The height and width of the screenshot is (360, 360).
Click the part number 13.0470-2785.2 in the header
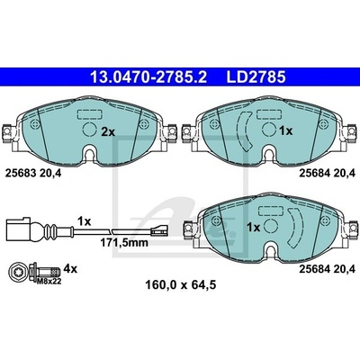pos(148,77)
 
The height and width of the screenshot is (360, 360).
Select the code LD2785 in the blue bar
pos(256,77)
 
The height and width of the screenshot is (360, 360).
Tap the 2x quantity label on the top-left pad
pos(108,131)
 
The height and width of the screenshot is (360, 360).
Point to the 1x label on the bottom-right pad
pos(253,228)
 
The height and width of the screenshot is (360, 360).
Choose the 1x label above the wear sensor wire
pos(84,221)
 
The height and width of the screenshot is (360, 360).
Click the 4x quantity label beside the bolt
pos(71,269)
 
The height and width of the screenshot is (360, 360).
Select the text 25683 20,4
pos(33,173)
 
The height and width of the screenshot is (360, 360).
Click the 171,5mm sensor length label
pos(124,242)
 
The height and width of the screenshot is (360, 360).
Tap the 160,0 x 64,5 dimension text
pos(181,284)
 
